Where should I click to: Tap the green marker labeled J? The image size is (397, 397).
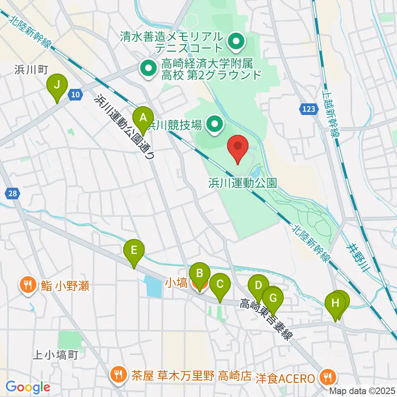click(57, 86)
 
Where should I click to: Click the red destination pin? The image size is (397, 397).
click(238, 147)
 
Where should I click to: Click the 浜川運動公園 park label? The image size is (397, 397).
click(242, 183)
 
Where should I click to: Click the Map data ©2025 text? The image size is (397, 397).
click(362, 391)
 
